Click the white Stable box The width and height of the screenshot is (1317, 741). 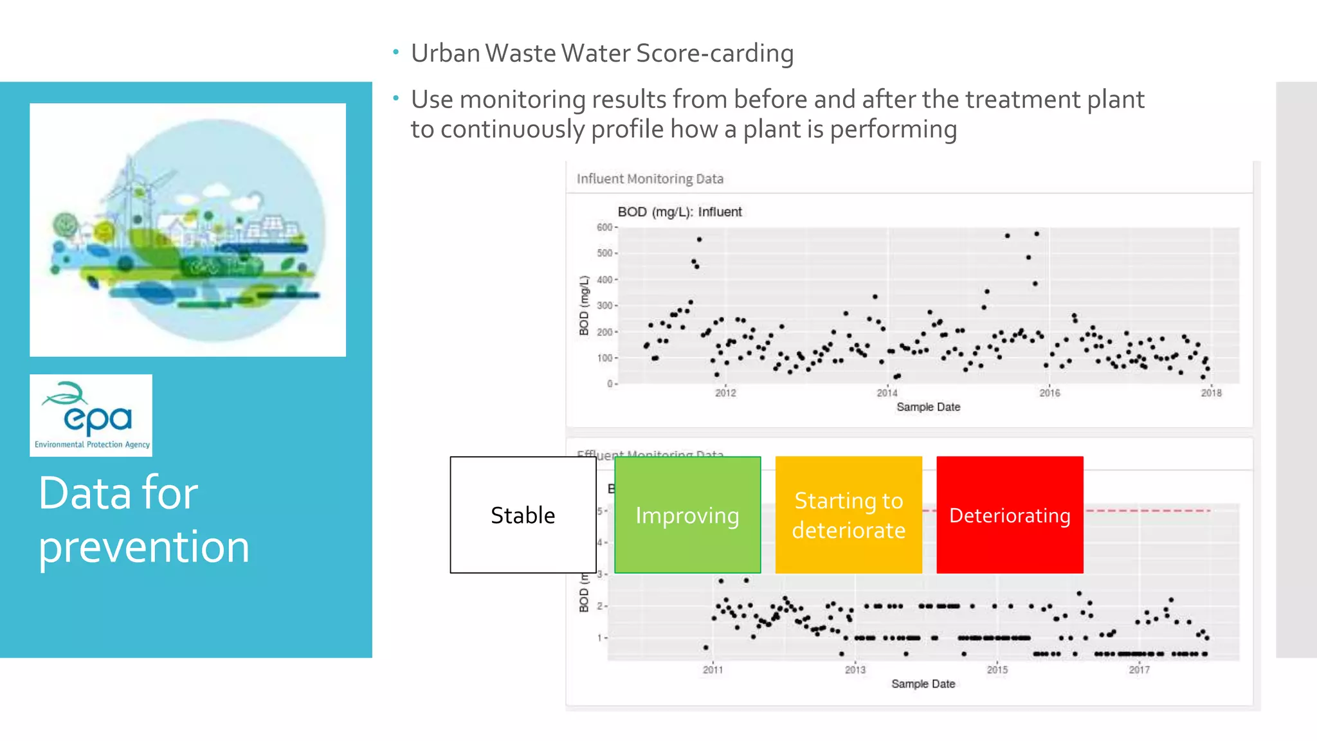523,515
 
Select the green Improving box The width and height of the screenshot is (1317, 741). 687,515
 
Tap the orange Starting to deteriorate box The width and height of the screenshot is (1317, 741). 848,515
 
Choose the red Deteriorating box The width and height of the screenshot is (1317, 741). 1010,515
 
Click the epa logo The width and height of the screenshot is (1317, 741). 91,415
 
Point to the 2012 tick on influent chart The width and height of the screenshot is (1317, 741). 725,392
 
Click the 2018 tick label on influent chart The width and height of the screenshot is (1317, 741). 1211,392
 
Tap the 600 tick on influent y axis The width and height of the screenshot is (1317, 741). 604,227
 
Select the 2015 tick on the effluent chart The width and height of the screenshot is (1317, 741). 997,670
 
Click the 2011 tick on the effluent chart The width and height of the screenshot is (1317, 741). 713,670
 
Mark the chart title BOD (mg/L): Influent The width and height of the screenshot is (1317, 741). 679,212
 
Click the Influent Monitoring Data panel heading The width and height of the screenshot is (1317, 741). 649,179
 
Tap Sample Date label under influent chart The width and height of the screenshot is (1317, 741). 928,407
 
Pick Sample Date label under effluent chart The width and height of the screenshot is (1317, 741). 923,684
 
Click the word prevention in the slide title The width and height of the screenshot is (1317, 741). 143,547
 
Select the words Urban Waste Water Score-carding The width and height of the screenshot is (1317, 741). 602,53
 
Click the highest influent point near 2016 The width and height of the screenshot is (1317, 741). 1037,234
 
